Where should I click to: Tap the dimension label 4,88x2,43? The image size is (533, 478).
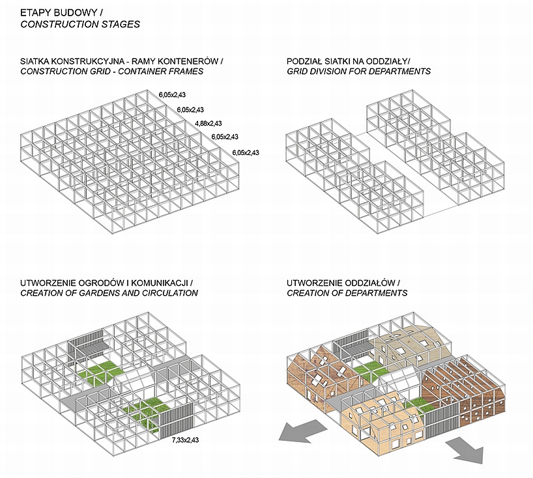(208, 123)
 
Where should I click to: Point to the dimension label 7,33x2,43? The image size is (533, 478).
(185, 441)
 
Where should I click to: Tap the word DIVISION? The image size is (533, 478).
(327, 71)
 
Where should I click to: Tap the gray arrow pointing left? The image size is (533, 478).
(297, 432)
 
